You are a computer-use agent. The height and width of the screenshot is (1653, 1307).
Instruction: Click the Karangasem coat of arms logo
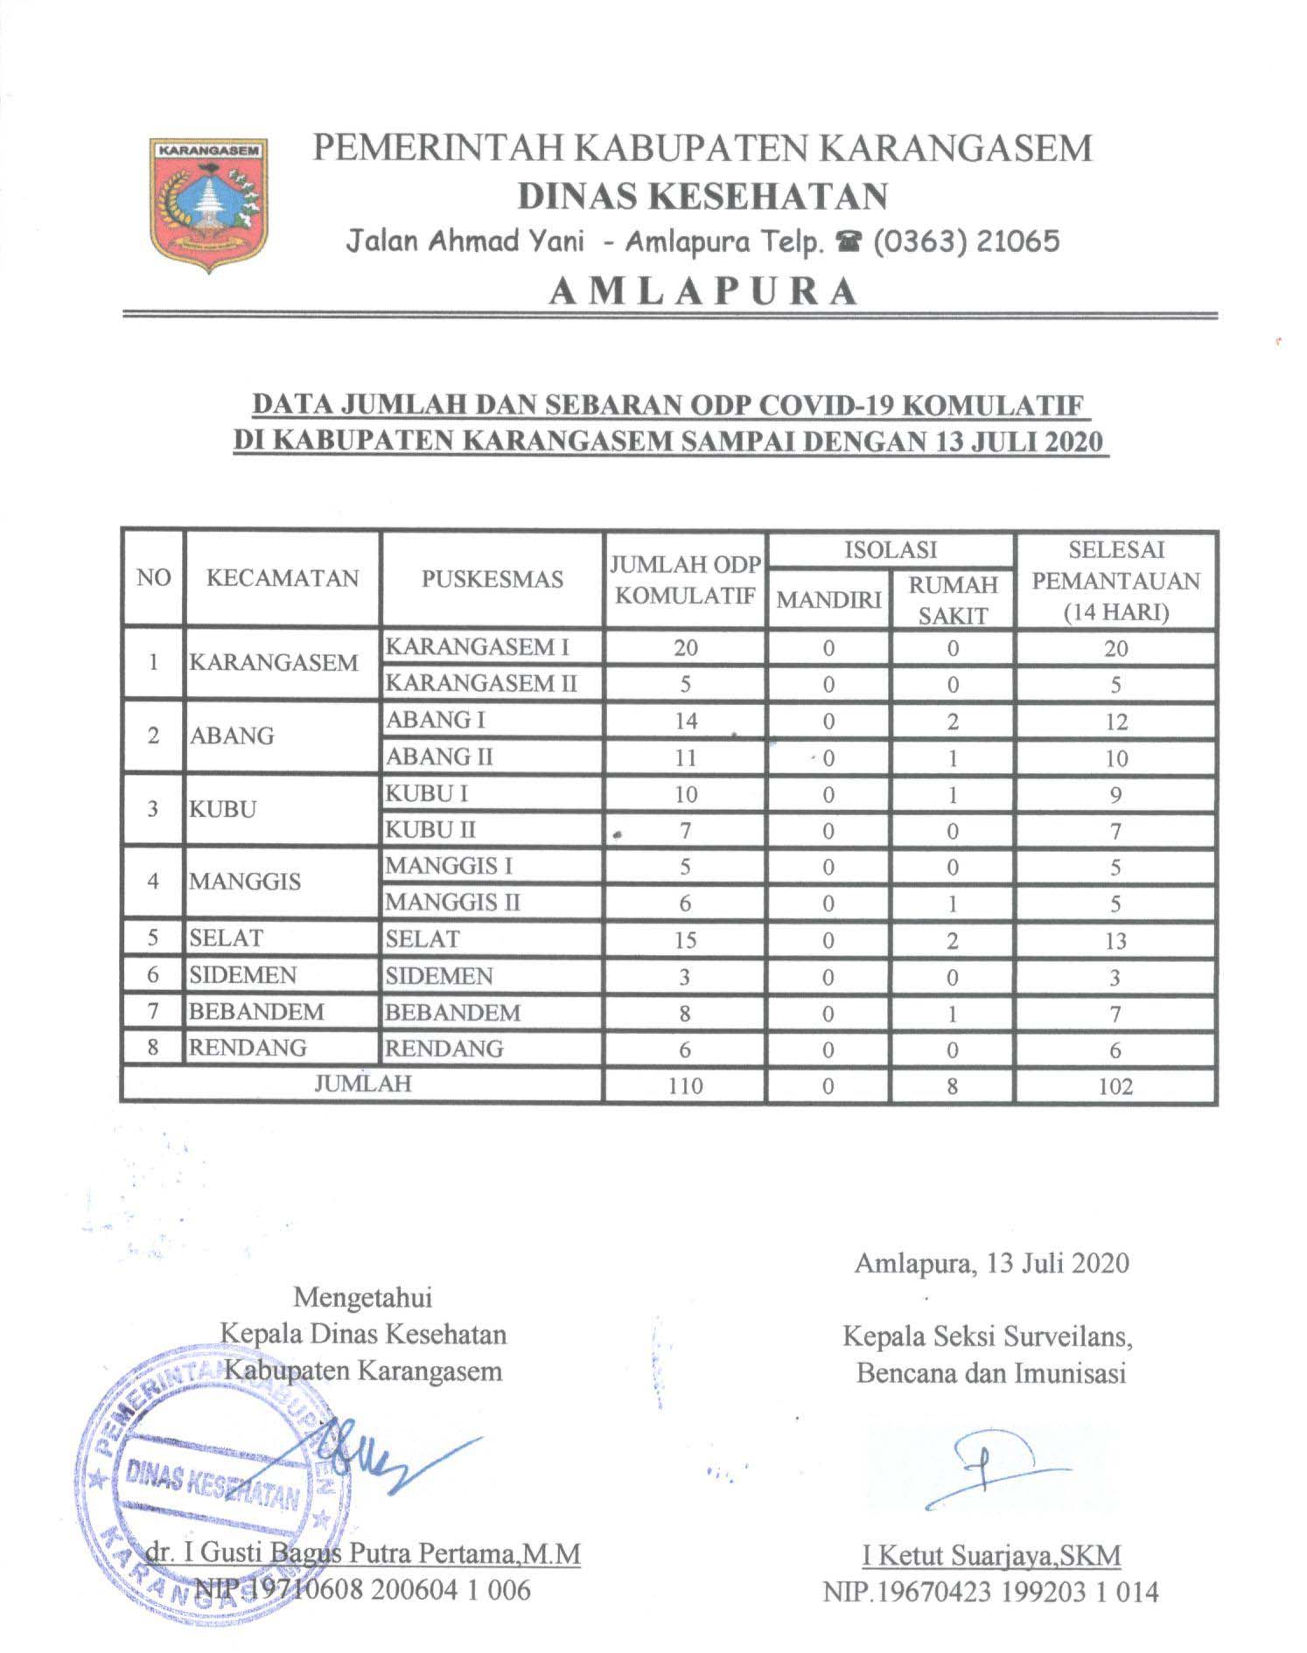[209, 203]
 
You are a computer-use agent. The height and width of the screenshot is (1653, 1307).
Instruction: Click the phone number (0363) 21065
[961, 241]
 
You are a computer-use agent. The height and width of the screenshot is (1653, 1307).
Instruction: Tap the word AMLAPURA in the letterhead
[702, 291]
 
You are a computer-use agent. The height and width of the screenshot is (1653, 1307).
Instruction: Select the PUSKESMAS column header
[492, 579]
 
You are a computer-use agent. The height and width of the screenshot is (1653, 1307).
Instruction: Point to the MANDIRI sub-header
[828, 600]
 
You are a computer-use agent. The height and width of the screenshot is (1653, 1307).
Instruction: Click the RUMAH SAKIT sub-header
[952, 600]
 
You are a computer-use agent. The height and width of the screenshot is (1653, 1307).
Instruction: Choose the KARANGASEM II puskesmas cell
[481, 683]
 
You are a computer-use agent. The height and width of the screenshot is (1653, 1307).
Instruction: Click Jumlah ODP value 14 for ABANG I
[685, 722]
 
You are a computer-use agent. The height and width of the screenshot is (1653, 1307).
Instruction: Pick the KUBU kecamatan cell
[224, 809]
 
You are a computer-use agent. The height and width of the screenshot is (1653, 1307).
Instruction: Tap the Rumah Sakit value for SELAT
[952, 940]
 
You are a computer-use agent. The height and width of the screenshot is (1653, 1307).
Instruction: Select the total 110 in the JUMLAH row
[685, 1086]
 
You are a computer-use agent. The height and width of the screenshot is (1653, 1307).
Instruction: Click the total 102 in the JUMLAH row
[1115, 1086]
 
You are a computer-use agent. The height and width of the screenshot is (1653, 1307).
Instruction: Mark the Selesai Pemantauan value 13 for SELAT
[1115, 941]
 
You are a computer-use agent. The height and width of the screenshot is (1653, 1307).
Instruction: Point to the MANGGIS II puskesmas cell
[452, 902]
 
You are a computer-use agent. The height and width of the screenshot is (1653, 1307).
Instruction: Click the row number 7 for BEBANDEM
[153, 1012]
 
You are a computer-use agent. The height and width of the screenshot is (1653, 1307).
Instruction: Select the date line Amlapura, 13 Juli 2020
[991, 1263]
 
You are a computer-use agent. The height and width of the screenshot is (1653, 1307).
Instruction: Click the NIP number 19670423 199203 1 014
[990, 1591]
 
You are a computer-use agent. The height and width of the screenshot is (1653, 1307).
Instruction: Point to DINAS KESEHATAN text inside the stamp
[213, 1488]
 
